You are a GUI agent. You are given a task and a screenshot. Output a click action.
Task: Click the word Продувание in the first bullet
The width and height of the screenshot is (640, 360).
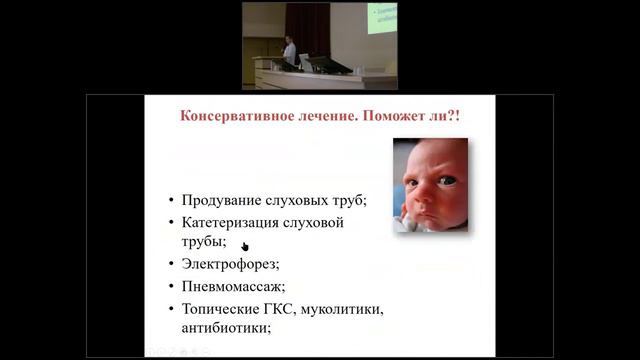[x=223, y=200]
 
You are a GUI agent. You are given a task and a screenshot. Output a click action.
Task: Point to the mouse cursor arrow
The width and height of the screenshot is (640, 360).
[x=244, y=244]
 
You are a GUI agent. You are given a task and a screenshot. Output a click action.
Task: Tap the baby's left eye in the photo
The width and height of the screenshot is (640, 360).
[x=447, y=180]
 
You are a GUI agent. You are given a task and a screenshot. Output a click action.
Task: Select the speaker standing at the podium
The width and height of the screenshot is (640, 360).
[x=289, y=50]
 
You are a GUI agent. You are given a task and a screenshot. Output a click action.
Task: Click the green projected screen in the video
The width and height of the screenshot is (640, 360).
[x=382, y=17]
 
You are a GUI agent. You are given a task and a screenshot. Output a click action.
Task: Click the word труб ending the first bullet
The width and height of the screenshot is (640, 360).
[x=351, y=200]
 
